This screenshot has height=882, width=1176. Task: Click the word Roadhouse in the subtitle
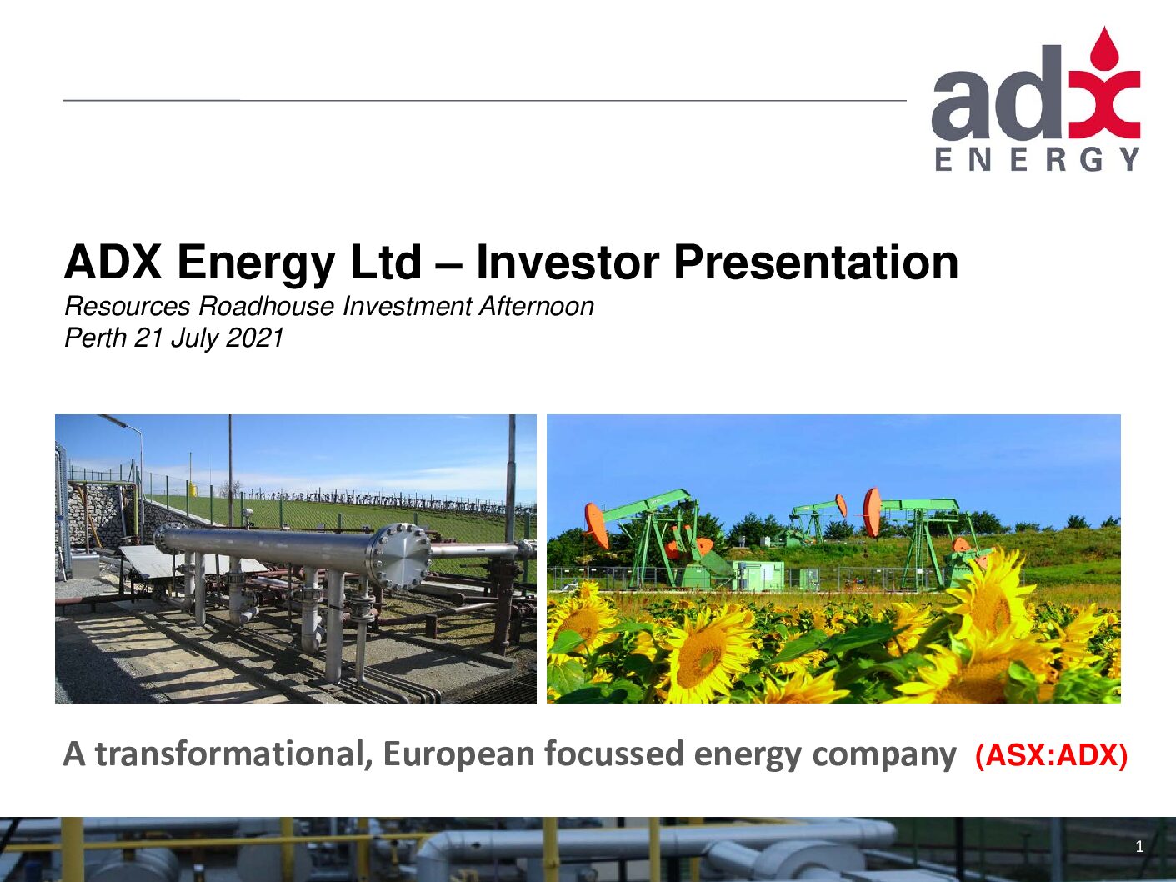click(266, 307)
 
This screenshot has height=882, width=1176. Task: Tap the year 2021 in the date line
click(254, 338)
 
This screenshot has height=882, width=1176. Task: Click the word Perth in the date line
click(95, 338)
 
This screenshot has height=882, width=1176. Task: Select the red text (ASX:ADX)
click(1052, 755)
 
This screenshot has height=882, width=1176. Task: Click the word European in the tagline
click(458, 754)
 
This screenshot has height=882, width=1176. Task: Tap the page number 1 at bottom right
click(1139, 846)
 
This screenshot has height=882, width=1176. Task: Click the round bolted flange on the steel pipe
click(401, 557)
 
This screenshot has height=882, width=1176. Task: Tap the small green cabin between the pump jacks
click(757, 575)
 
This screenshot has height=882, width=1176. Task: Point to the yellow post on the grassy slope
click(191, 489)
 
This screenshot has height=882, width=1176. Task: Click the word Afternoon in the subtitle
click(536, 307)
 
